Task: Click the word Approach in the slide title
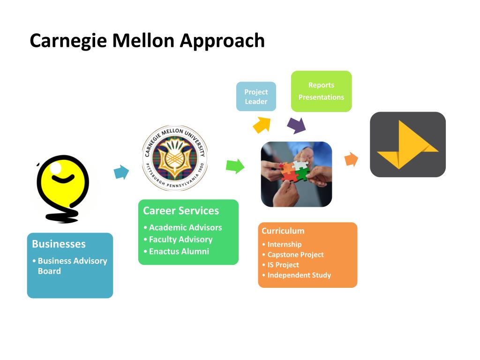[x=222, y=41]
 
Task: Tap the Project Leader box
[x=256, y=97]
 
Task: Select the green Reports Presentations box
[x=321, y=91]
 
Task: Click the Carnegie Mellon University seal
[x=175, y=158]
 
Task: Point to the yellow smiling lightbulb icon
[x=63, y=188]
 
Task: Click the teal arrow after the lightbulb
[x=121, y=172]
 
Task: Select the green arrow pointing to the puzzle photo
[x=235, y=166]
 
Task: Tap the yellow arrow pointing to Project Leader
[x=262, y=125]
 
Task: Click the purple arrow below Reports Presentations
[x=296, y=126]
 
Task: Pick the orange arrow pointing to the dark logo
[x=351, y=159]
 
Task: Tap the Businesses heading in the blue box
[x=59, y=244]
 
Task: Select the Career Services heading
[x=181, y=210]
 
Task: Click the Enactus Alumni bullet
[x=176, y=251]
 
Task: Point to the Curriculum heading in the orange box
[x=283, y=231]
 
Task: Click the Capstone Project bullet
[x=293, y=255]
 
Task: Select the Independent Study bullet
[x=297, y=275]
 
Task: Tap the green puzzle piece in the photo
[x=302, y=174]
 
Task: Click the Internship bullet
[x=282, y=244]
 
